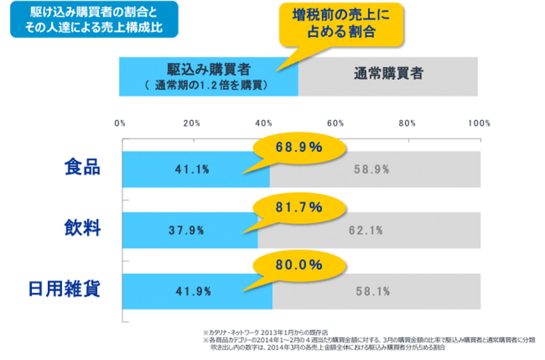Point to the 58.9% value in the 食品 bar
372,170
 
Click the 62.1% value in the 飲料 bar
366,230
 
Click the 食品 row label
82,168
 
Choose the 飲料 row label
82,228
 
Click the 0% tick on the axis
120,123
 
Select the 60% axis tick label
336,123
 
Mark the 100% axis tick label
479,123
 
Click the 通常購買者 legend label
388,74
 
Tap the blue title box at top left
94,20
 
